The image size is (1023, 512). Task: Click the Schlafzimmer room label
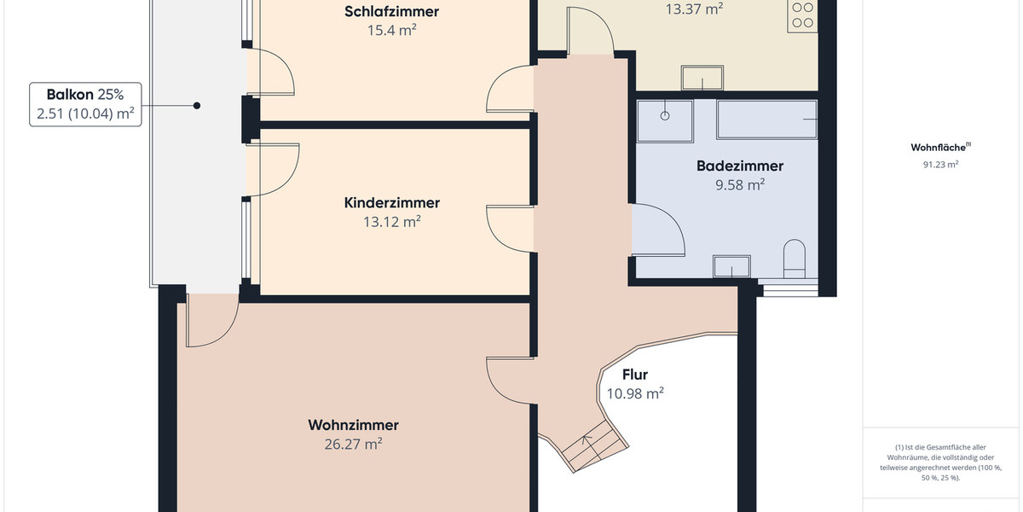392,12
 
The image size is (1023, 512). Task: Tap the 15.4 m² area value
392,31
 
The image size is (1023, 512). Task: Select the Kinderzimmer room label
392,203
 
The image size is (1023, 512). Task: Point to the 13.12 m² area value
392,222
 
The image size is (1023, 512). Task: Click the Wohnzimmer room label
353,425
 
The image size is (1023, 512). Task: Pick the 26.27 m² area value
353,444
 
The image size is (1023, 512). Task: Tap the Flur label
635,375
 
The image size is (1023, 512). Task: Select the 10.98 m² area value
635,393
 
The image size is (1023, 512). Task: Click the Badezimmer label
739,166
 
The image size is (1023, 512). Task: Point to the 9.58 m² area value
739,185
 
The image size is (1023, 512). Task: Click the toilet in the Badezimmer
795,258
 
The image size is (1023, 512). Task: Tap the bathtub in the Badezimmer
767,119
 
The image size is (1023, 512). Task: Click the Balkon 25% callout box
85,105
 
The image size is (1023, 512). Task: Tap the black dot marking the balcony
197,106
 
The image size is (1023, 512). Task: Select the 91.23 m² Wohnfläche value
940,165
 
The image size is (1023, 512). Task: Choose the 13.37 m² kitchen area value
694,9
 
